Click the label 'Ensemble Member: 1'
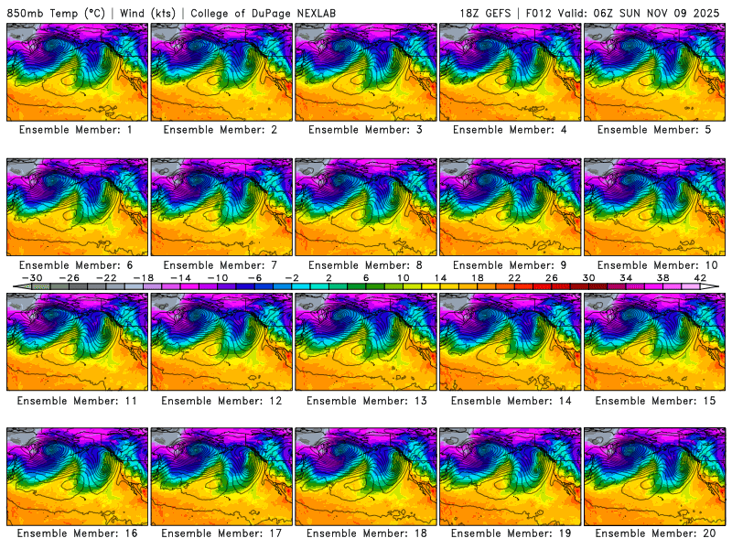tap(76, 130)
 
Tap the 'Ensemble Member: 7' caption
tap(220, 265)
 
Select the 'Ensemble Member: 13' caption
tap(367, 401)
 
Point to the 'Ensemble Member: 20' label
tap(656, 533)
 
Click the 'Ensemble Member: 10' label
tap(656, 265)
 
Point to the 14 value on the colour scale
tap(440, 277)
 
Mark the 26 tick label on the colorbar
tap(552, 277)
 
